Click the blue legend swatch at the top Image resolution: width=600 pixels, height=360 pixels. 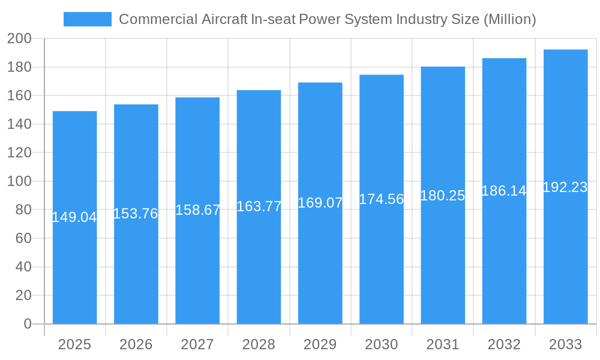[88, 19]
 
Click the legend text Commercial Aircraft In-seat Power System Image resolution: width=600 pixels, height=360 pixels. [327, 19]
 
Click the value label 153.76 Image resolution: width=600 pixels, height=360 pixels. [136, 214]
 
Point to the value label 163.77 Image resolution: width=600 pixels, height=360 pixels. [259, 206]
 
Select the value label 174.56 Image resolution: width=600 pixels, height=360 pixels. [382, 199]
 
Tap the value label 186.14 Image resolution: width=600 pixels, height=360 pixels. [504, 191]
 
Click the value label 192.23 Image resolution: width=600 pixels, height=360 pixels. [565, 187]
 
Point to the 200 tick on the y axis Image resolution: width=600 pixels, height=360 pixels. [19, 38]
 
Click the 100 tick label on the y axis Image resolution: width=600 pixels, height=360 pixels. [19, 181]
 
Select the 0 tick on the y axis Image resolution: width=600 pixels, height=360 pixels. [28, 324]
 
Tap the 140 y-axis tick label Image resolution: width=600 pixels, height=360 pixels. [19, 124]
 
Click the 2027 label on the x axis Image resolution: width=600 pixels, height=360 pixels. [197, 344]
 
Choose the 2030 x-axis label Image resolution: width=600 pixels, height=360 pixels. [382, 344]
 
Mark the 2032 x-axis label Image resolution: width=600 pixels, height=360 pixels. [504, 344]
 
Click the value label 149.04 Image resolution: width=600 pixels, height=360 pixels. [74, 217]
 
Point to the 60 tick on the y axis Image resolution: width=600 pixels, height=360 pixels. [23, 238]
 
